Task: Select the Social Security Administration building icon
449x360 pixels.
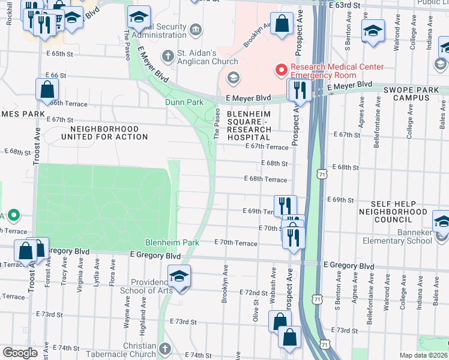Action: (x=196, y=29)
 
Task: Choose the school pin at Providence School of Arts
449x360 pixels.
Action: (x=178, y=277)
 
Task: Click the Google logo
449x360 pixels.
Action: (x=20, y=353)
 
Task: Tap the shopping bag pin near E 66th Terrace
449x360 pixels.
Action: (x=47, y=91)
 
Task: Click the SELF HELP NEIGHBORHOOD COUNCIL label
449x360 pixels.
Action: (x=402, y=212)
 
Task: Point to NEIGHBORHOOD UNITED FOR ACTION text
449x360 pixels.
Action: (x=104, y=133)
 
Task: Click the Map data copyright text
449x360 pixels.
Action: (x=423, y=355)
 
